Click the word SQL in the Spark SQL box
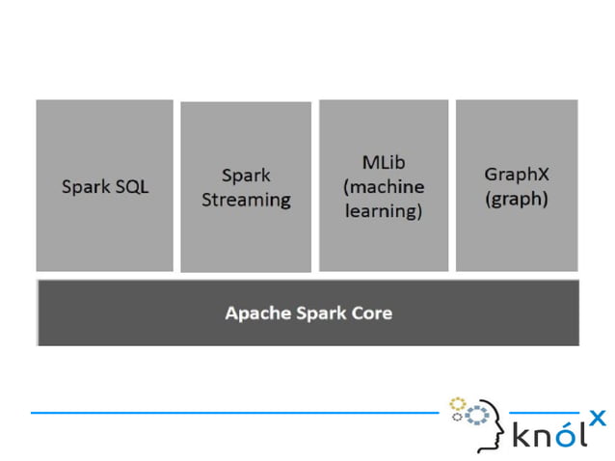[x=131, y=187]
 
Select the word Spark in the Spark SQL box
[x=85, y=187]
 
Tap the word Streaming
[x=245, y=201]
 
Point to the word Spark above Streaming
[x=245, y=176]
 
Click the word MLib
[x=383, y=162]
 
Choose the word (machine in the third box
[x=383, y=186]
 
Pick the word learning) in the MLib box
[x=383, y=211]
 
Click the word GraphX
[x=517, y=176]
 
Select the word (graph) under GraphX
[x=517, y=200]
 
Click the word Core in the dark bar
[x=371, y=313]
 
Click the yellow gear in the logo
[x=457, y=402]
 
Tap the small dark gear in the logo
[x=458, y=418]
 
